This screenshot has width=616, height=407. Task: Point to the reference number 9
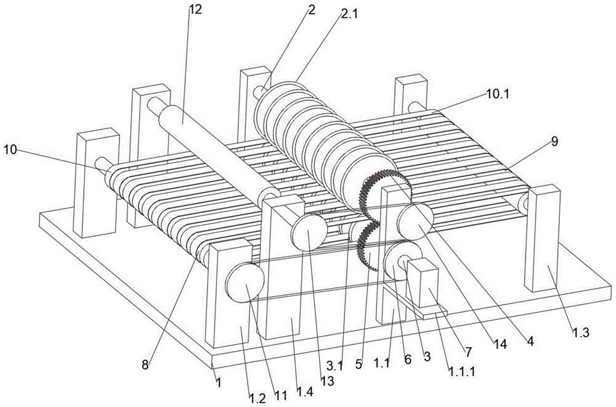(554, 142)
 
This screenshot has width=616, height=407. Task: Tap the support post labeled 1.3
(545, 240)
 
